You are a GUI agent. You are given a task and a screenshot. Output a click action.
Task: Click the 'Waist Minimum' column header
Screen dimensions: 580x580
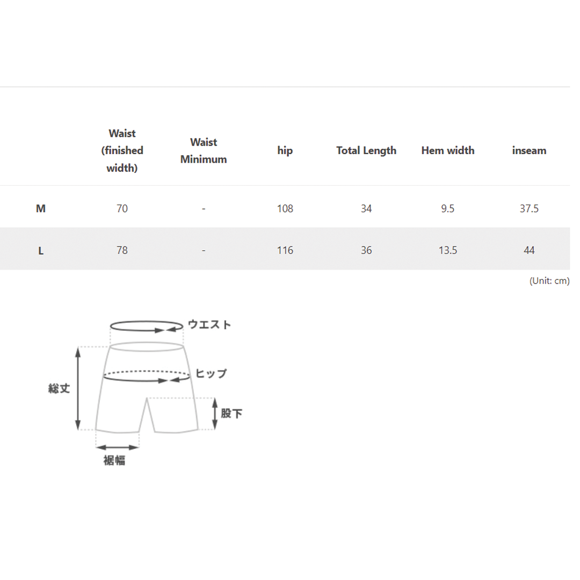click(x=204, y=150)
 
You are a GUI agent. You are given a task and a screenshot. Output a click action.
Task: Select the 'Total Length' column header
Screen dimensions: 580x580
click(x=366, y=150)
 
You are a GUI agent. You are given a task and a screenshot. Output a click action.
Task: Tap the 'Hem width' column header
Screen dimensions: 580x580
click(x=447, y=150)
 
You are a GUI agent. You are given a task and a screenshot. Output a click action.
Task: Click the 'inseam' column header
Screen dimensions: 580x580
click(x=529, y=150)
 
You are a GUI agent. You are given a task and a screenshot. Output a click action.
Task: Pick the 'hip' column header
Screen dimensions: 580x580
click(x=285, y=151)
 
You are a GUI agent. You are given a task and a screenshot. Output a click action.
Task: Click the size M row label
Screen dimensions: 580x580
click(x=41, y=208)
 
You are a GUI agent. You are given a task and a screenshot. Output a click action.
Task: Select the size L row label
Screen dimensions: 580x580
click(x=41, y=251)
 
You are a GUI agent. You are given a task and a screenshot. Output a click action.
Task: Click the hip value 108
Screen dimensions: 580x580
click(x=285, y=208)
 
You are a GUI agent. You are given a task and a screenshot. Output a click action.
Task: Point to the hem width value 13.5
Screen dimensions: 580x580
click(x=447, y=250)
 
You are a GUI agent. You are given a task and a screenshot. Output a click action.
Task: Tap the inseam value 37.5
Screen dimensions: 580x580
click(x=529, y=208)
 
